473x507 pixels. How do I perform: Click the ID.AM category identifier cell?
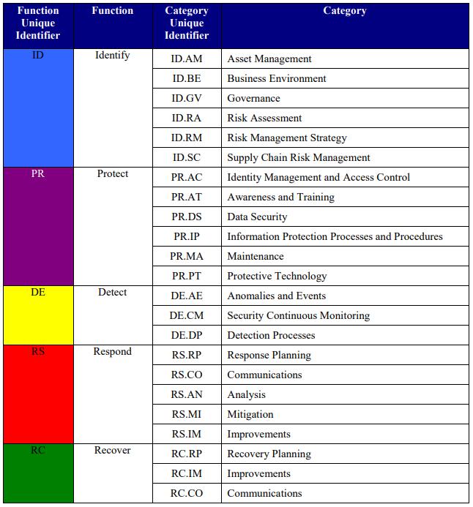coord(187,59)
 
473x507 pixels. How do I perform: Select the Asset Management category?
coord(269,59)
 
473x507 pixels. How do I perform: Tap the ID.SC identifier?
coord(187,158)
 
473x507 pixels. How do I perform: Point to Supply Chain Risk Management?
coord(298,158)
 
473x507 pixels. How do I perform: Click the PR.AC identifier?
coord(187,178)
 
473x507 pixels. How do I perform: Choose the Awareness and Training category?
coord(280,198)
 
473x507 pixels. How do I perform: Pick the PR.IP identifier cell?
coord(187,237)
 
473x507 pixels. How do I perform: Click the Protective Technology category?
coord(277,277)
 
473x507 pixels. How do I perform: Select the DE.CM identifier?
coord(187,316)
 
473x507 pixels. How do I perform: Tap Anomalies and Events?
coord(276,296)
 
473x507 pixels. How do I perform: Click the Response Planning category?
coord(269,356)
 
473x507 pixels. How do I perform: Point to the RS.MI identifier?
coord(187,415)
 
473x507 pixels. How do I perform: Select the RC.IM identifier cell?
coord(187,474)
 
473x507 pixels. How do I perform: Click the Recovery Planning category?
coord(269,454)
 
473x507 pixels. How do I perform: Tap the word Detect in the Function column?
coord(112,293)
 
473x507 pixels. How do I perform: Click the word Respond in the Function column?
coord(112,352)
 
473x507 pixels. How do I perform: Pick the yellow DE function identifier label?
coord(38,293)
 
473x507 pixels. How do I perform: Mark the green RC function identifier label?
coord(38,451)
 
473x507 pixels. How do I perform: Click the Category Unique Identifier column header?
coord(187,23)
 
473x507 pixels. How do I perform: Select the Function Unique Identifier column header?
coord(38,23)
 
